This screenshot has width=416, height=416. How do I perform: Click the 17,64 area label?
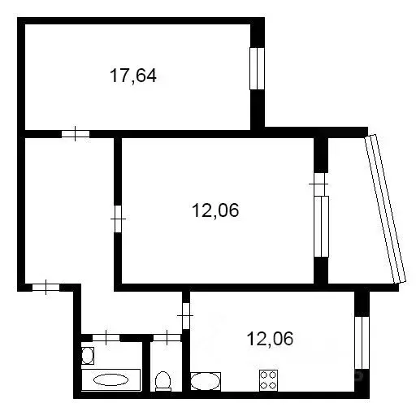click(133, 76)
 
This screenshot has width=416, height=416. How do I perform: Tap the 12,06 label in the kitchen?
click(270, 339)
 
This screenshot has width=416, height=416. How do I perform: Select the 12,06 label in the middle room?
click(215, 210)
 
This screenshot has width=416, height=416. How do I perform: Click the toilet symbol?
click(163, 381)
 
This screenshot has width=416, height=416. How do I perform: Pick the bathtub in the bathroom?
click(110, 379)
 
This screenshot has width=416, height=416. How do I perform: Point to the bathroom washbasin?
click(88, 356)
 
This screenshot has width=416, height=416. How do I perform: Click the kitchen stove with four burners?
click(268, 380)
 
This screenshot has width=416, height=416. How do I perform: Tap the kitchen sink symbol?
click(206, 381)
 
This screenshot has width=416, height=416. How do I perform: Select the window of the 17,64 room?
click(257, 69)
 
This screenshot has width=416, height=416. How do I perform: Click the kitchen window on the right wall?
click(362, 343)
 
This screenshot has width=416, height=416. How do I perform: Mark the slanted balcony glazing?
click(385, 209)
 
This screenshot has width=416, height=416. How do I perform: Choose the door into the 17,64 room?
click(76, 134)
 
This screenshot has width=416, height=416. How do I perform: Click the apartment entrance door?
click(46, 288)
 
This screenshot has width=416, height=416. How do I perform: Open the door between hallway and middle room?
click(118, 219)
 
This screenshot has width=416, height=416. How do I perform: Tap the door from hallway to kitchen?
click(186, 316)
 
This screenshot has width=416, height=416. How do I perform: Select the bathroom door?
click(106, 338)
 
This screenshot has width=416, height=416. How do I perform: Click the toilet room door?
click(167, 338)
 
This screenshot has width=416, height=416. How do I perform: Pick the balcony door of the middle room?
click(321, 184)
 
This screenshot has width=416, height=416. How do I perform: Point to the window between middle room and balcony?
click(321, 227)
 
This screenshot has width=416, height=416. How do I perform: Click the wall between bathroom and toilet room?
click(146, 366)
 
